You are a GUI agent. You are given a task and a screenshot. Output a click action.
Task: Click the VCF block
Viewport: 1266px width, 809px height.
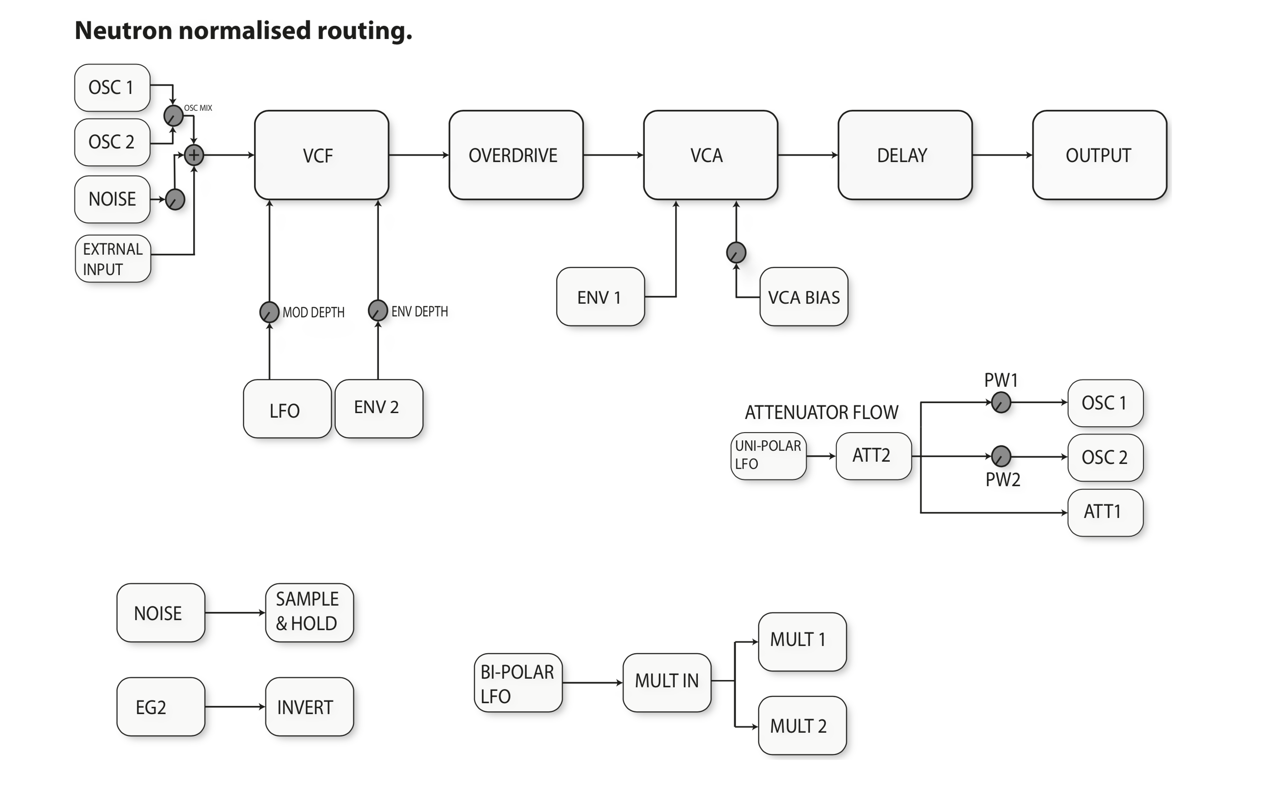point(321,155)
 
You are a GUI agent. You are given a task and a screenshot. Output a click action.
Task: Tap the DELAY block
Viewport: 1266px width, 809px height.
point(904,155)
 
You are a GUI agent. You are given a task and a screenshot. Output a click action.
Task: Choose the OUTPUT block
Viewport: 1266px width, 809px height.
point(1099,155)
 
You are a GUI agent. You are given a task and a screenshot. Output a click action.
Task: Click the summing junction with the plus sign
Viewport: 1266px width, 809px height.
point(194,155)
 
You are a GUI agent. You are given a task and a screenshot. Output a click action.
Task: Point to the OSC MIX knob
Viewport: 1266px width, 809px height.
point(173,116)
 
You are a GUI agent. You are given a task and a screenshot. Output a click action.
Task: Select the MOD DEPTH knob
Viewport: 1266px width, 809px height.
point(269,312)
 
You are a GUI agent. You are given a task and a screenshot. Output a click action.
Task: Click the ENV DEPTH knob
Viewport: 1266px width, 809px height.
point(378,311)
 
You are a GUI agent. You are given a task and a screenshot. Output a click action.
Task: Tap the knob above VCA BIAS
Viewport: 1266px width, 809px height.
point(736,252)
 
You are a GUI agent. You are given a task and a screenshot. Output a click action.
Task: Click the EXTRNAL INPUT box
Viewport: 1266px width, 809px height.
point(113,259)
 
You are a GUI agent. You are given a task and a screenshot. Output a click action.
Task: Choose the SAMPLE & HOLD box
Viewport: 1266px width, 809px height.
point(309,612)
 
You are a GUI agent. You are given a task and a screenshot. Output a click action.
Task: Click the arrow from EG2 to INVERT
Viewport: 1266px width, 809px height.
point(235,706)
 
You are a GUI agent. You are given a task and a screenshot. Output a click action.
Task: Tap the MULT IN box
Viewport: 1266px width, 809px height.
point(667,682)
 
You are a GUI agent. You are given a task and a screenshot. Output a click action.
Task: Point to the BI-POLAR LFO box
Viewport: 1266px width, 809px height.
point(518,683)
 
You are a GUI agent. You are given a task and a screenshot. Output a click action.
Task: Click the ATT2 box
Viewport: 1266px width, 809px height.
point(873,455)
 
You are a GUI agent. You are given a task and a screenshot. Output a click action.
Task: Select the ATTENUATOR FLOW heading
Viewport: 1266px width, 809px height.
point(821,412)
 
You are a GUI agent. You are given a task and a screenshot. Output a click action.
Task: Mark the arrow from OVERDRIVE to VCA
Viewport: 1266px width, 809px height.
point(613,155)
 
